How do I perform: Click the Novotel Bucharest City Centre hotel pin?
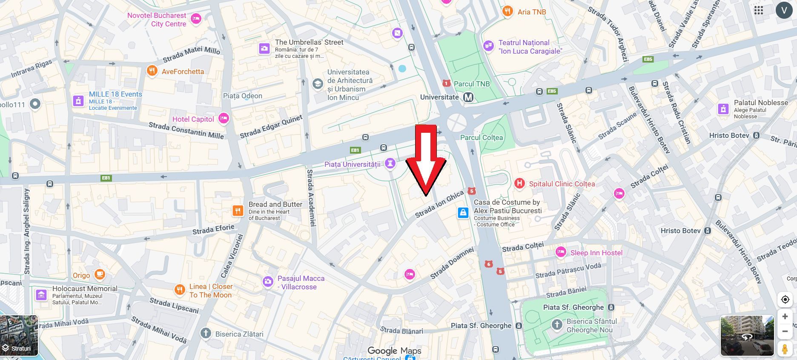[x=196, y=18]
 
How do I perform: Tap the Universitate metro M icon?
[x=468, y=97]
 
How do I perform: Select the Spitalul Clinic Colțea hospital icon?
[x=519, y=184]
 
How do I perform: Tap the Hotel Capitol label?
[x=193, y=119]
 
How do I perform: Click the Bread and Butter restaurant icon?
[x=238, y=210]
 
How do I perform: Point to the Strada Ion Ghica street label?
[x=439, y=204]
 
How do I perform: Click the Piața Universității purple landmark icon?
[x=390, y=163]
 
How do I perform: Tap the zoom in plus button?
[x=785, y=317]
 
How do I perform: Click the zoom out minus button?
[x=785, y=331]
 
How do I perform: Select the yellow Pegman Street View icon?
[x=785, y=349]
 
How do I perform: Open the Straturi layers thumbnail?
[x=19, y=336]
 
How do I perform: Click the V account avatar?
[x=784, y=10]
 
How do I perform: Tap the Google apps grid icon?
[x=759, y=10]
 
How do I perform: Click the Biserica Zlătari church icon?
[x=206, y=333]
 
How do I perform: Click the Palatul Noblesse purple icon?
[x=723, y=109]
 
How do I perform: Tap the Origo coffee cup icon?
[x=100, y=274]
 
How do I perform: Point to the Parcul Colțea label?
[x=482, y=137]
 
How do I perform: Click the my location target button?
[x=785, y=300]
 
